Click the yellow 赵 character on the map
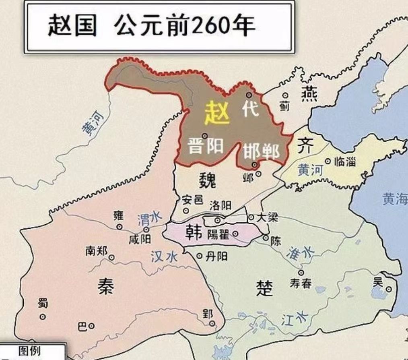(217, 112)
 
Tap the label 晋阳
(206, 146)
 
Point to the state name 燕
(309, 94)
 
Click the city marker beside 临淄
(328, 161)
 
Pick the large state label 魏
(207, 181)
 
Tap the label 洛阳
(220, 205)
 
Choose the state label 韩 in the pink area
(193, 232)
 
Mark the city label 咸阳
(140, 239)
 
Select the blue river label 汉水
(164, 257)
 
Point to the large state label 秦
(105, 286)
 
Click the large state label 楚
(264, 288)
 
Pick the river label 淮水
(300, 253)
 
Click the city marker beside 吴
(389, 289)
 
